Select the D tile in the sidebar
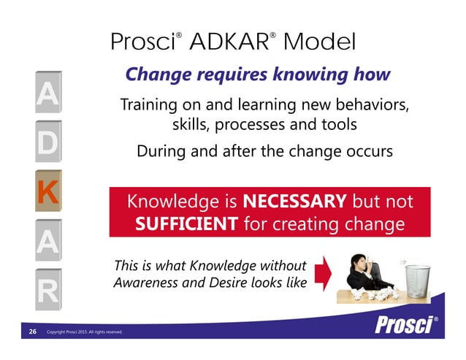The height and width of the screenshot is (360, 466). pos(46,142)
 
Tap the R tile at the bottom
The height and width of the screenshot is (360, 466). pos(46,293)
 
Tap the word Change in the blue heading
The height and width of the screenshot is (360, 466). pos(151,74)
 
